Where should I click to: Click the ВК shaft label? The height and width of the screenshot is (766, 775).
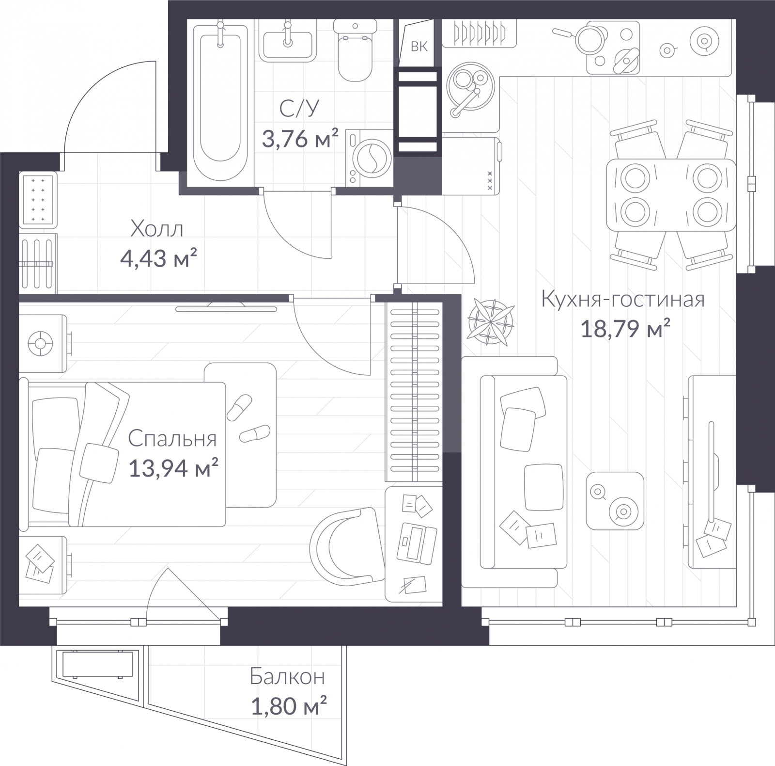419,47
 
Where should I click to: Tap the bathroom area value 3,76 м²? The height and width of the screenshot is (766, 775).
300,139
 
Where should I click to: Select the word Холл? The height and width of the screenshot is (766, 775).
157,229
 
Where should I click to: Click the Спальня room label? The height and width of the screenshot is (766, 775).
172,439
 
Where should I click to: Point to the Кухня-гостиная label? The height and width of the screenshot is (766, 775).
623,300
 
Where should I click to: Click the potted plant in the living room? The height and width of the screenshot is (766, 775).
491,321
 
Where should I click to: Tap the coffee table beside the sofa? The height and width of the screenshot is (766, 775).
615,501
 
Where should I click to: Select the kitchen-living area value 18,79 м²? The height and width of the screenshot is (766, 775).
625,330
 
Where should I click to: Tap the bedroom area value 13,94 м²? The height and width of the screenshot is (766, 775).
173,469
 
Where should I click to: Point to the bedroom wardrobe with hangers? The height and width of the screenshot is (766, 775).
415,393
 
